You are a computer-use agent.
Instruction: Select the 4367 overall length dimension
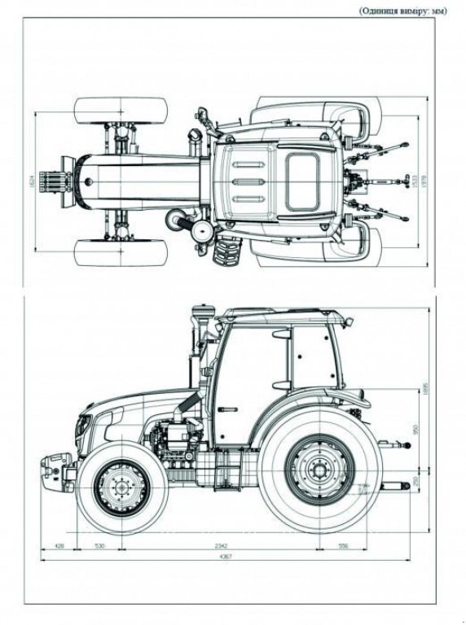226,556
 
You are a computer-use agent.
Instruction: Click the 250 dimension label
415,482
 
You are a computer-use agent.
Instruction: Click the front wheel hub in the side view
122,488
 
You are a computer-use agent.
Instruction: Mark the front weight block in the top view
57,181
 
